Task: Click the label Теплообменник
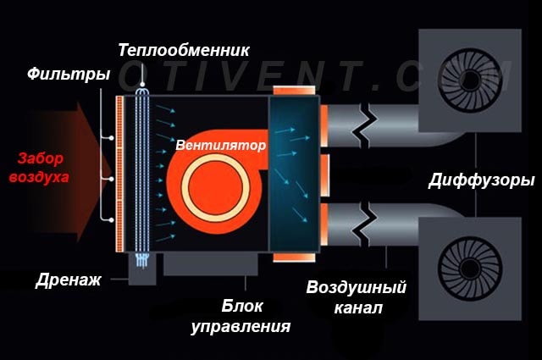click(184, 50)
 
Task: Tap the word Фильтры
click(69, 74)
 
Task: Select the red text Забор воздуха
click(40, 168)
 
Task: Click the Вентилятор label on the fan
click(221, 145)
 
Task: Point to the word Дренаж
click(68, 280)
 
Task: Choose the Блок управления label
click(241, 317)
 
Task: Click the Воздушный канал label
click(356, 297)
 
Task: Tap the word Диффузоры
click(482, 180)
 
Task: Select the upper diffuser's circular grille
click(470, 80)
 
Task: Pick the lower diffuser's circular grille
click(470, 269)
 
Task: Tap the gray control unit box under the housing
click(211, 264)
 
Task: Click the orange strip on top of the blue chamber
click(294, 91)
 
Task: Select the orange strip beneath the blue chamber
click(294, 258)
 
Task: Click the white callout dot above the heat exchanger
click(142, 85)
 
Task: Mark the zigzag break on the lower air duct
click(365, 224)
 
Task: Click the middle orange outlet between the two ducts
click(324, 175)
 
